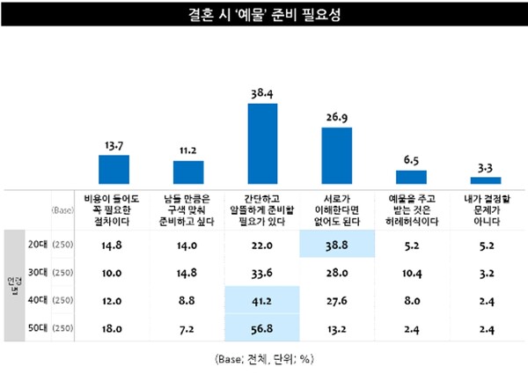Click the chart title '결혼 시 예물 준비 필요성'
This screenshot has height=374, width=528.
(x=263, y=13)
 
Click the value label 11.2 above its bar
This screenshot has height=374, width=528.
(x=188, y=150)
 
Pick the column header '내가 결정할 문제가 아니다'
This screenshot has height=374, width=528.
(x=485, y=211)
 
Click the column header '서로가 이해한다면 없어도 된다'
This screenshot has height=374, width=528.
(x=336, y=211)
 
